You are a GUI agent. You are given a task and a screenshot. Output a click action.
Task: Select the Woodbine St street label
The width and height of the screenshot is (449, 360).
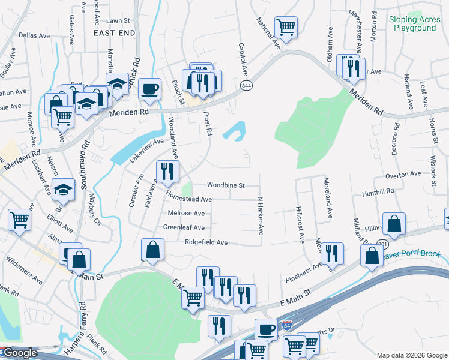point(226,185)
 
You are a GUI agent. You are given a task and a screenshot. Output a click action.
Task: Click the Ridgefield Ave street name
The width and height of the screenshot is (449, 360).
point(205,242)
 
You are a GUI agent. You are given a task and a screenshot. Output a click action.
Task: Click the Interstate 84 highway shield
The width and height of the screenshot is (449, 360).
point(288,325)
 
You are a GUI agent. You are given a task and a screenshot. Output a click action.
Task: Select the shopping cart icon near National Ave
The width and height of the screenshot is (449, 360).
point(286,26)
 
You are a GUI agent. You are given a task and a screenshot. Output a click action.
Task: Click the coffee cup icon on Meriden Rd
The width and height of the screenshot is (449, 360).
point(149,89)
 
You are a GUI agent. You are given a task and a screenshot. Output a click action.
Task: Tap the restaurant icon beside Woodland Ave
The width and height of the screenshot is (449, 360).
point(167,171)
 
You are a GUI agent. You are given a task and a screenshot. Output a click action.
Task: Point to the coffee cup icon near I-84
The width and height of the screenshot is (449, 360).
point(266,329)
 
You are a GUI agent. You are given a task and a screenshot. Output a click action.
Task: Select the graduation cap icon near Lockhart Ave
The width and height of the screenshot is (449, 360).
point(63,190)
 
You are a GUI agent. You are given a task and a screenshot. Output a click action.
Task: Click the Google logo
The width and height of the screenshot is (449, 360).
point(19,353)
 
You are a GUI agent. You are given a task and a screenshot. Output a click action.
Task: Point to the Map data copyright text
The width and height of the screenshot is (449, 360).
point(411,355)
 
